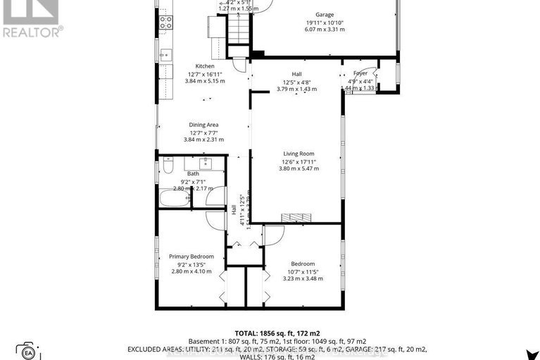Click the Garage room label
(325, 14)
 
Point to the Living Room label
(299, 154)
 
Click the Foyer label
(360, 73)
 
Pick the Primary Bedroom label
(191, 256)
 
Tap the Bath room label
(193, 173)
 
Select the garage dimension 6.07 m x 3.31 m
(325, 30)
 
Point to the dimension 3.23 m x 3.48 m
(305, 278)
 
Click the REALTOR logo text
(32, 31)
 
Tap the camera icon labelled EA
(28, 351)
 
